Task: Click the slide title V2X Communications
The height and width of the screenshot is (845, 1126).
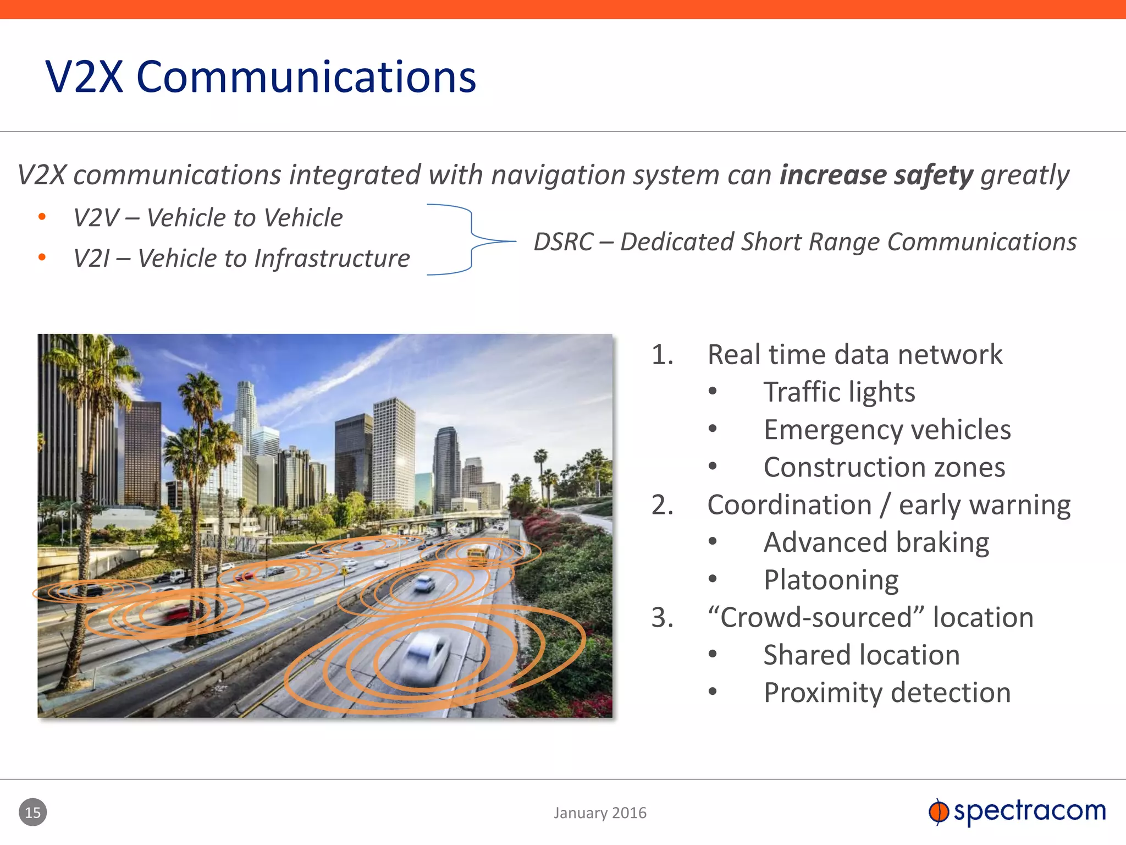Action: (x=261, y=77)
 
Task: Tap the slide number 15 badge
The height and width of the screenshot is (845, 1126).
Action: (x=33, y=812)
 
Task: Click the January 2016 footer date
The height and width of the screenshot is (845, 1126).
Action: (x=600, y=813)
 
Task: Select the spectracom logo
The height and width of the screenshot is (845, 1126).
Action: (x=1017, y=811)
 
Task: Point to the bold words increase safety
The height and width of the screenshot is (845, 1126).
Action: (x=876, y=175)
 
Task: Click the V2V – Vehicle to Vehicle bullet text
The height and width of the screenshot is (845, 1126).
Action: (x=208, y=218)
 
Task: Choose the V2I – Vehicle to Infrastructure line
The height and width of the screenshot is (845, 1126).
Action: (x=241, y=259)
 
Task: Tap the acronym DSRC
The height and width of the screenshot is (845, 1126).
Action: (x=563, y=242)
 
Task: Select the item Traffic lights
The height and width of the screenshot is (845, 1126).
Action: (x=839, y=392)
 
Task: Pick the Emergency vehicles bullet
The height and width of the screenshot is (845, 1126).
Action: (x=887, y=430)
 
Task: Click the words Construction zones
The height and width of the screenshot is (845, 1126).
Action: (x=884, y=468)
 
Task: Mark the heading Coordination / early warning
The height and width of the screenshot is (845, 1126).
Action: (x=888, y=505)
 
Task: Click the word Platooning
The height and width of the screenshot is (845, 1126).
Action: (x=831, y=580)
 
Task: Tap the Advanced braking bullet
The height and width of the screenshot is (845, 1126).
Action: (x=876, y=542)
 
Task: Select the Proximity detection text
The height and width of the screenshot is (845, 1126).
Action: (x=887, y=693)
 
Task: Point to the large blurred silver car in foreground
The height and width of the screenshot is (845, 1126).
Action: (x=424, y=657)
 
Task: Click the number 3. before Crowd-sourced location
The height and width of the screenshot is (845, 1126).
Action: (x=662, y=618)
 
